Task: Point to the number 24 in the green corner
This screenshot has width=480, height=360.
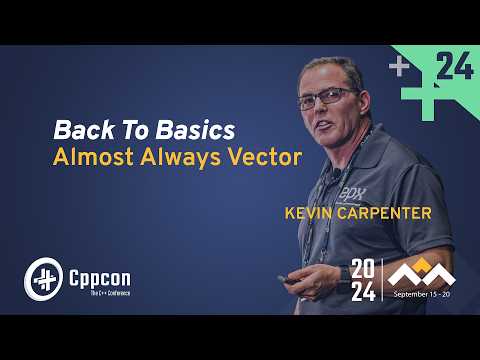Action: tap(455, 67)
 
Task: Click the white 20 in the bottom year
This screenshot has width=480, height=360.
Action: tap(363, 269)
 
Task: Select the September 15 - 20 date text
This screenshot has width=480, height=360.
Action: tap(421, 296)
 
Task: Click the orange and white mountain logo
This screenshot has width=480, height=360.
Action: tap(421, 273)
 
